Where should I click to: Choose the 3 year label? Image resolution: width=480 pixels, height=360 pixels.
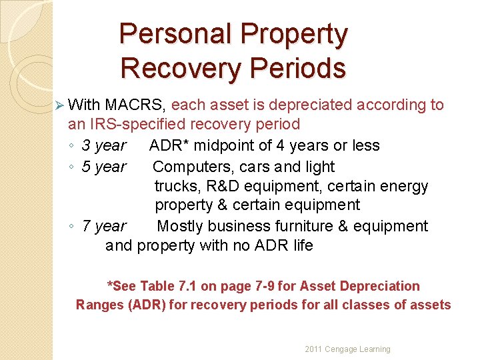(103, 145)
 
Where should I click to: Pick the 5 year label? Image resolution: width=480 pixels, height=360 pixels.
(103, 167)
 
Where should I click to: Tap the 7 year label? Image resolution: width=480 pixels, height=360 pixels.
(103, 227)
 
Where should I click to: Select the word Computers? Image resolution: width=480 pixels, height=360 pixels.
(189, 167)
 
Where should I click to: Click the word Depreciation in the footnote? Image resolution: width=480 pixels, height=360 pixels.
(379, 287)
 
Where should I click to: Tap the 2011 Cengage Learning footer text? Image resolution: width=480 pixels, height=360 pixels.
(347, 349)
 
